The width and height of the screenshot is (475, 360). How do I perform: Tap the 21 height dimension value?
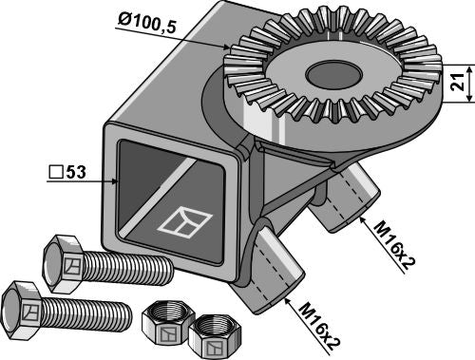click(459, 84)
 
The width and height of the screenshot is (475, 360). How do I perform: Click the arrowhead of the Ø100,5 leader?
click(228, 48)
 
